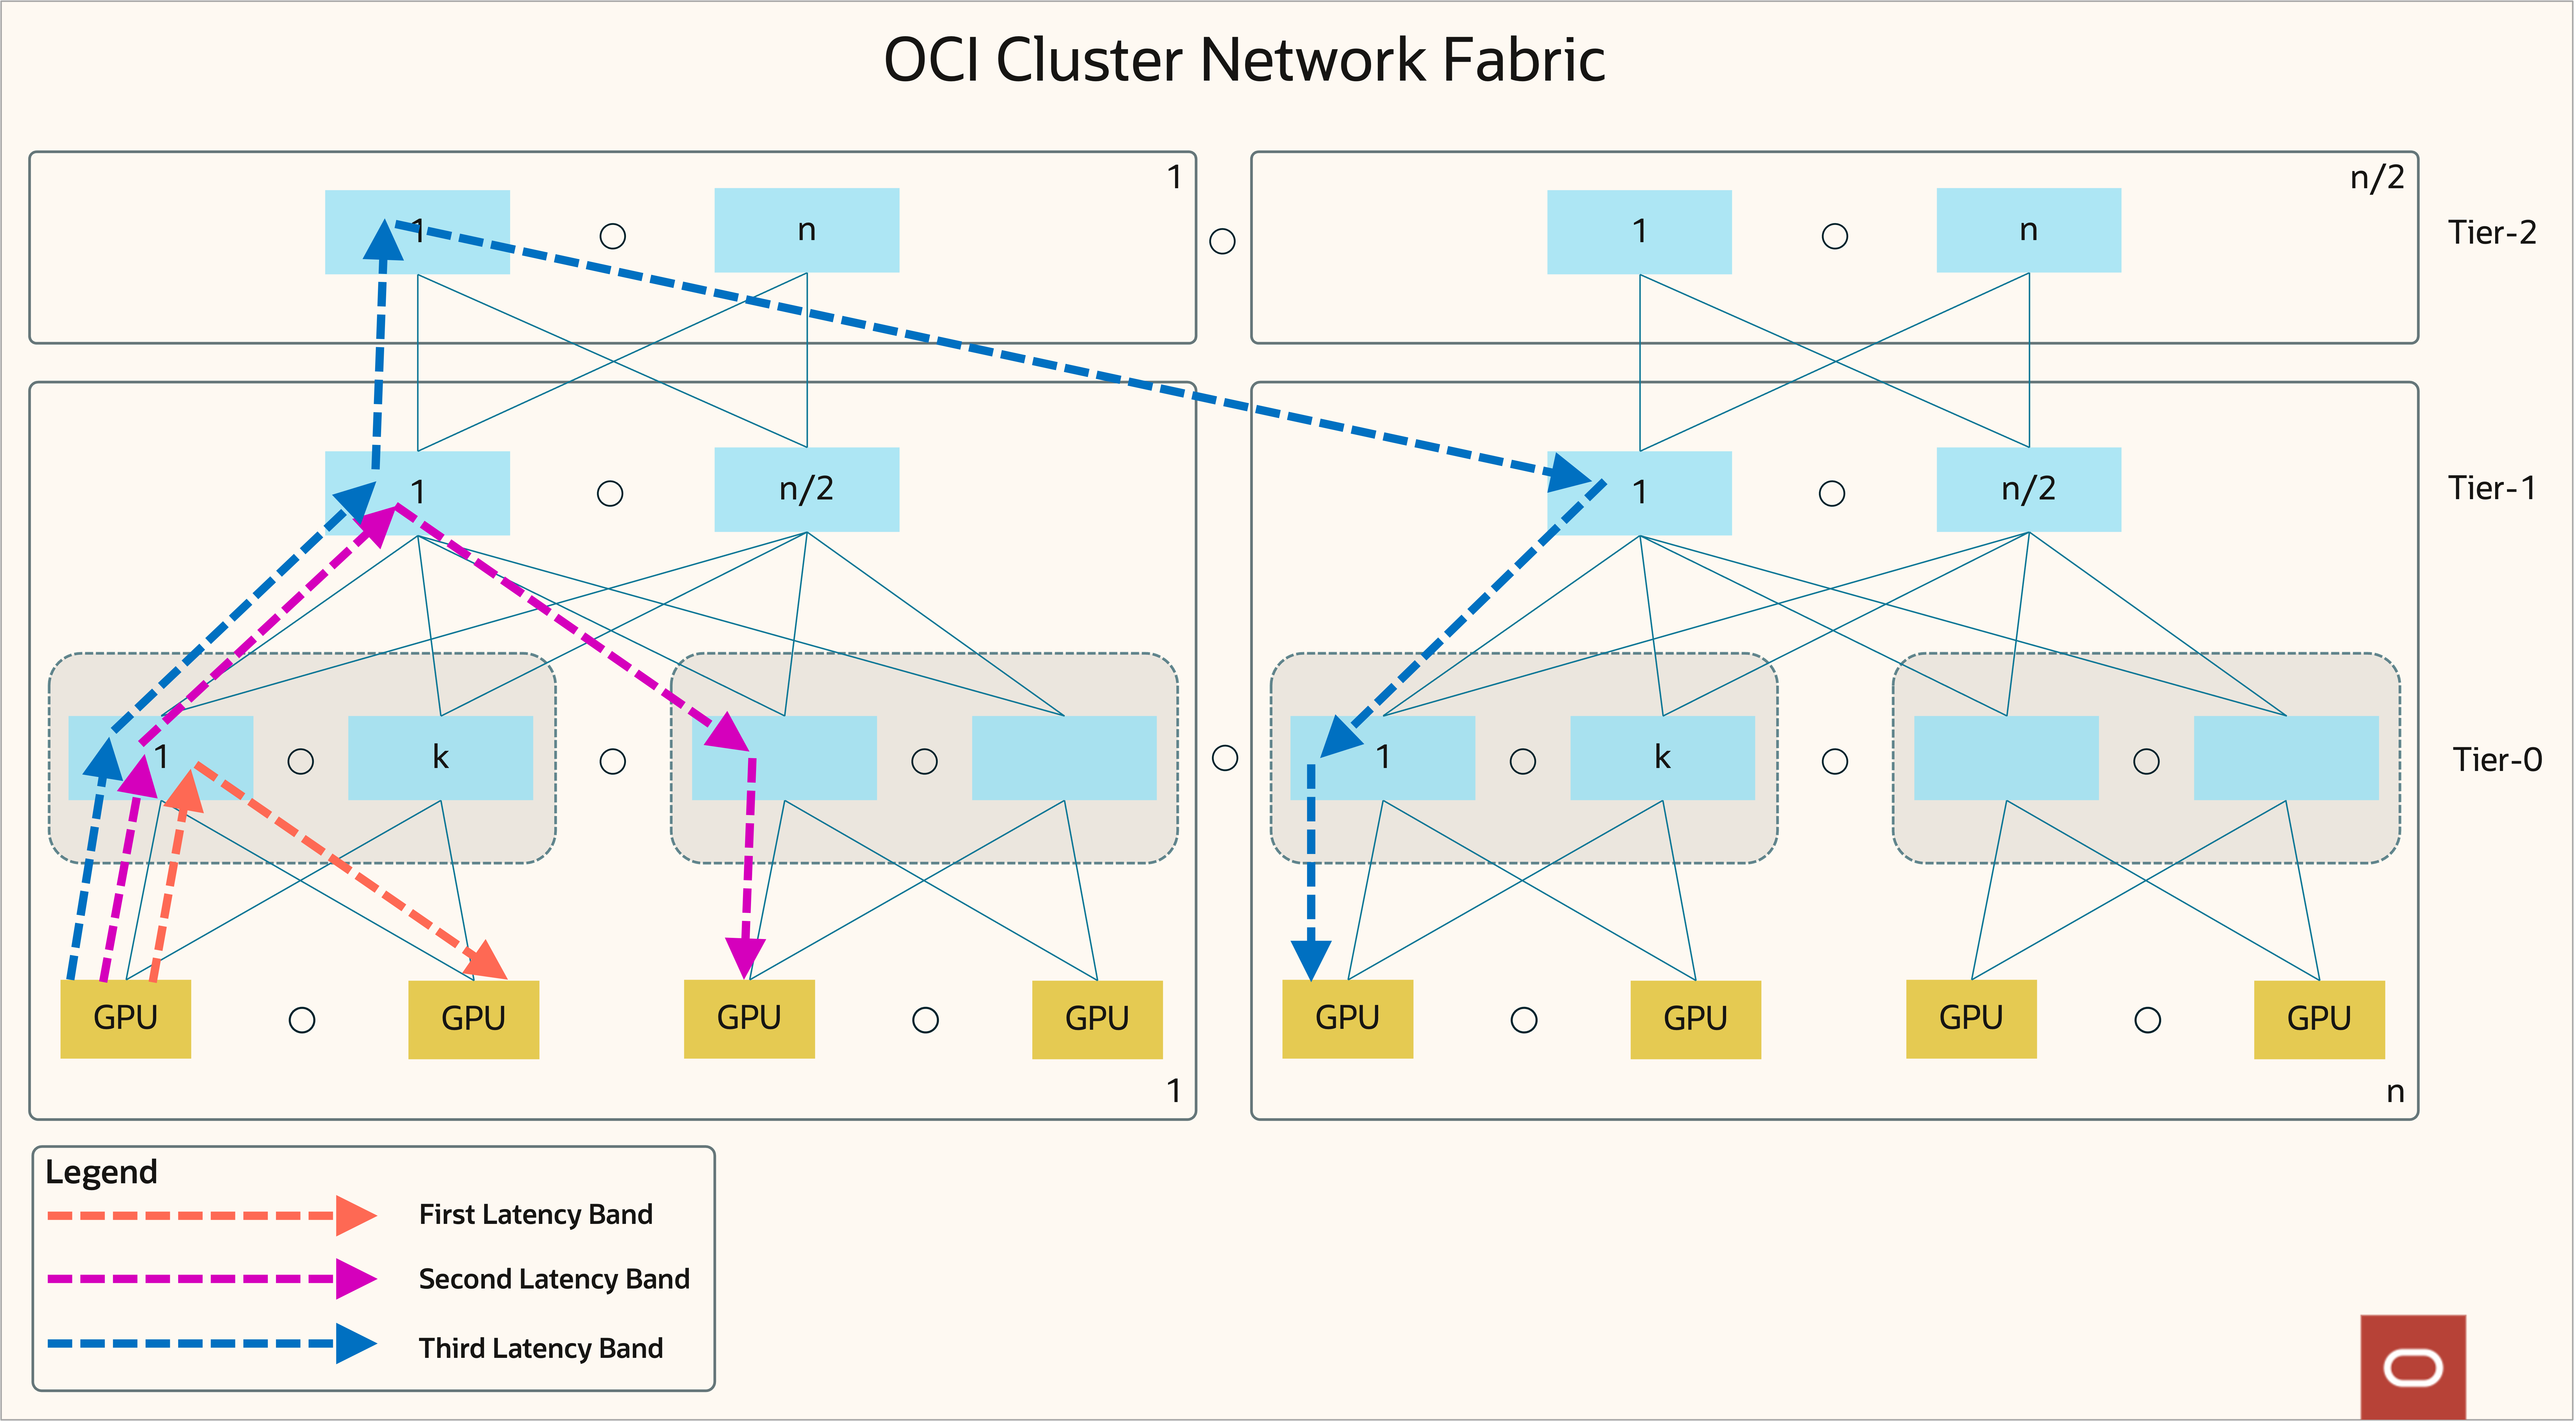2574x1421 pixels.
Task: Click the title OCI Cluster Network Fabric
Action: [1244, 60]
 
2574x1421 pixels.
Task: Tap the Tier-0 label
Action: [2496, 759]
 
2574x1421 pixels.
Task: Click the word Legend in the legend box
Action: [101, 1171]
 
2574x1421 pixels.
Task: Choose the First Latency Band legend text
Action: [536, 1214]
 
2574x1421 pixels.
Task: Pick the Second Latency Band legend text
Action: [554, 1279]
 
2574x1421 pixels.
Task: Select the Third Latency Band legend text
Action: [541, 1348]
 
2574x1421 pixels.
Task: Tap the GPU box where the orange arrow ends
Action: [474, 1018]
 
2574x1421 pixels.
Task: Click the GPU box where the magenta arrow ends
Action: [748, 1018]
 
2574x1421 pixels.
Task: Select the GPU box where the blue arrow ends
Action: [1347, 1018]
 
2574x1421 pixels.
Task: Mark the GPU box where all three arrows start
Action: [126, 1018]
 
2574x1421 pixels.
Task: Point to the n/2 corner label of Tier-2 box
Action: [2376, 178]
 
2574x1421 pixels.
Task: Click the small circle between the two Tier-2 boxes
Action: [1222, 241]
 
